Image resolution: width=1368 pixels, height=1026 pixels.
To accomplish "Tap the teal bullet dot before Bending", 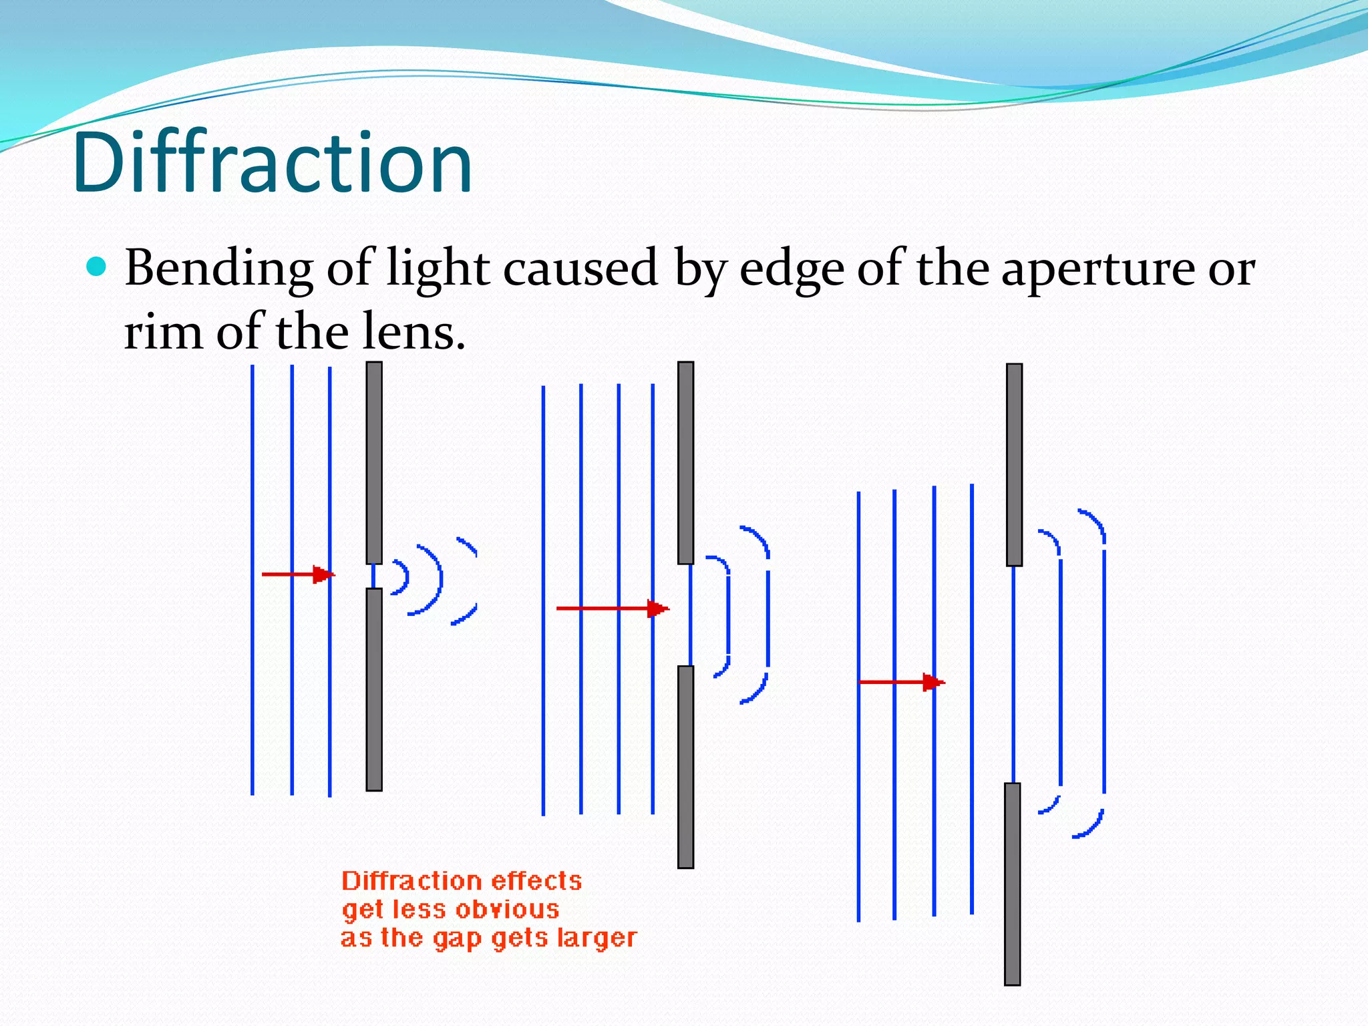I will (x=97, y=267).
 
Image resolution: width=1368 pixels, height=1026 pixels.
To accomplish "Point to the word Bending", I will (x=218, y=269).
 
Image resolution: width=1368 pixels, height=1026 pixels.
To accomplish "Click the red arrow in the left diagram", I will (x=297, y=574).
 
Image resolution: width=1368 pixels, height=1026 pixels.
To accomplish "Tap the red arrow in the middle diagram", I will (x=611, y=609).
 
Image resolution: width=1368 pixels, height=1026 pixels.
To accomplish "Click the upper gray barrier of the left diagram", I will (x=374, y=462).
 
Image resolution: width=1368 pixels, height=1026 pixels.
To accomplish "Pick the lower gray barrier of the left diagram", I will (x=374, y=689).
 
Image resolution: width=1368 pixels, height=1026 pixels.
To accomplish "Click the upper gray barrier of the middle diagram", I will (x=685, y=462).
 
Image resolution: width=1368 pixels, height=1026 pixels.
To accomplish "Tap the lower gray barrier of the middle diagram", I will (x=685, y=767).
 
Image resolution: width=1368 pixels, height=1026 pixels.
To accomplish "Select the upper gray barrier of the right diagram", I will (x=1014, y=465).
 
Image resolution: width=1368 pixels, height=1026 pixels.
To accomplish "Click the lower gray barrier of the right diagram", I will (x=1013, y=884).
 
